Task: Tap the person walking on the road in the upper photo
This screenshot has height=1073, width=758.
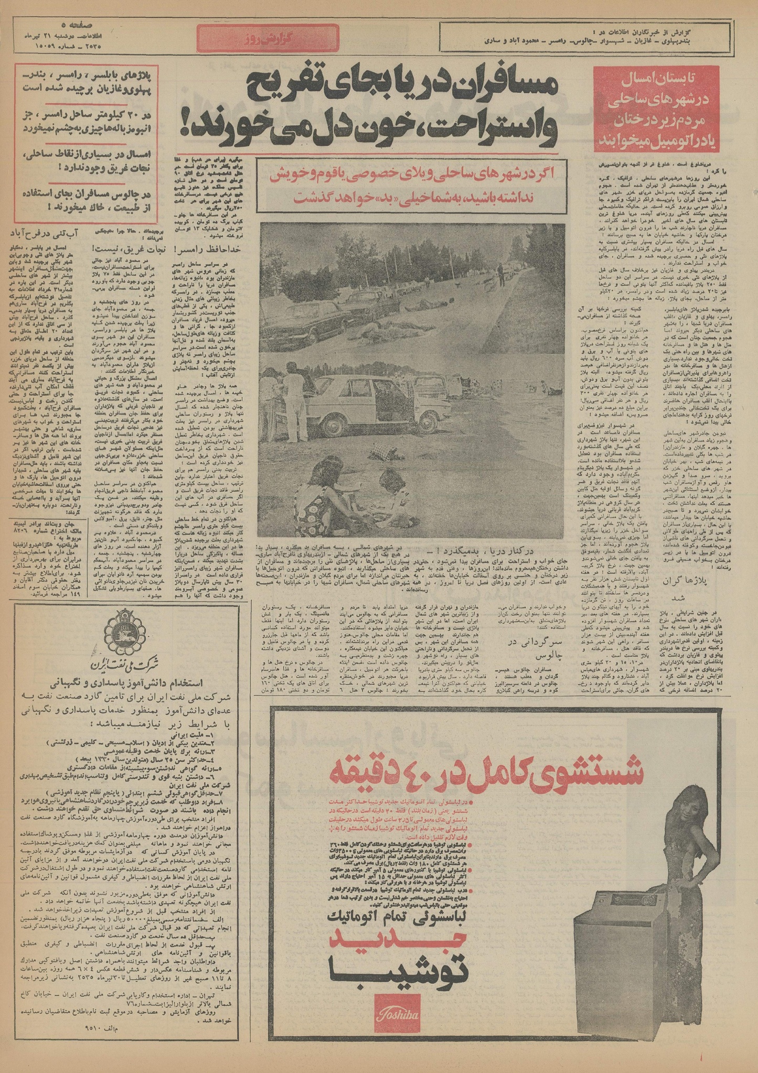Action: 500,272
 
